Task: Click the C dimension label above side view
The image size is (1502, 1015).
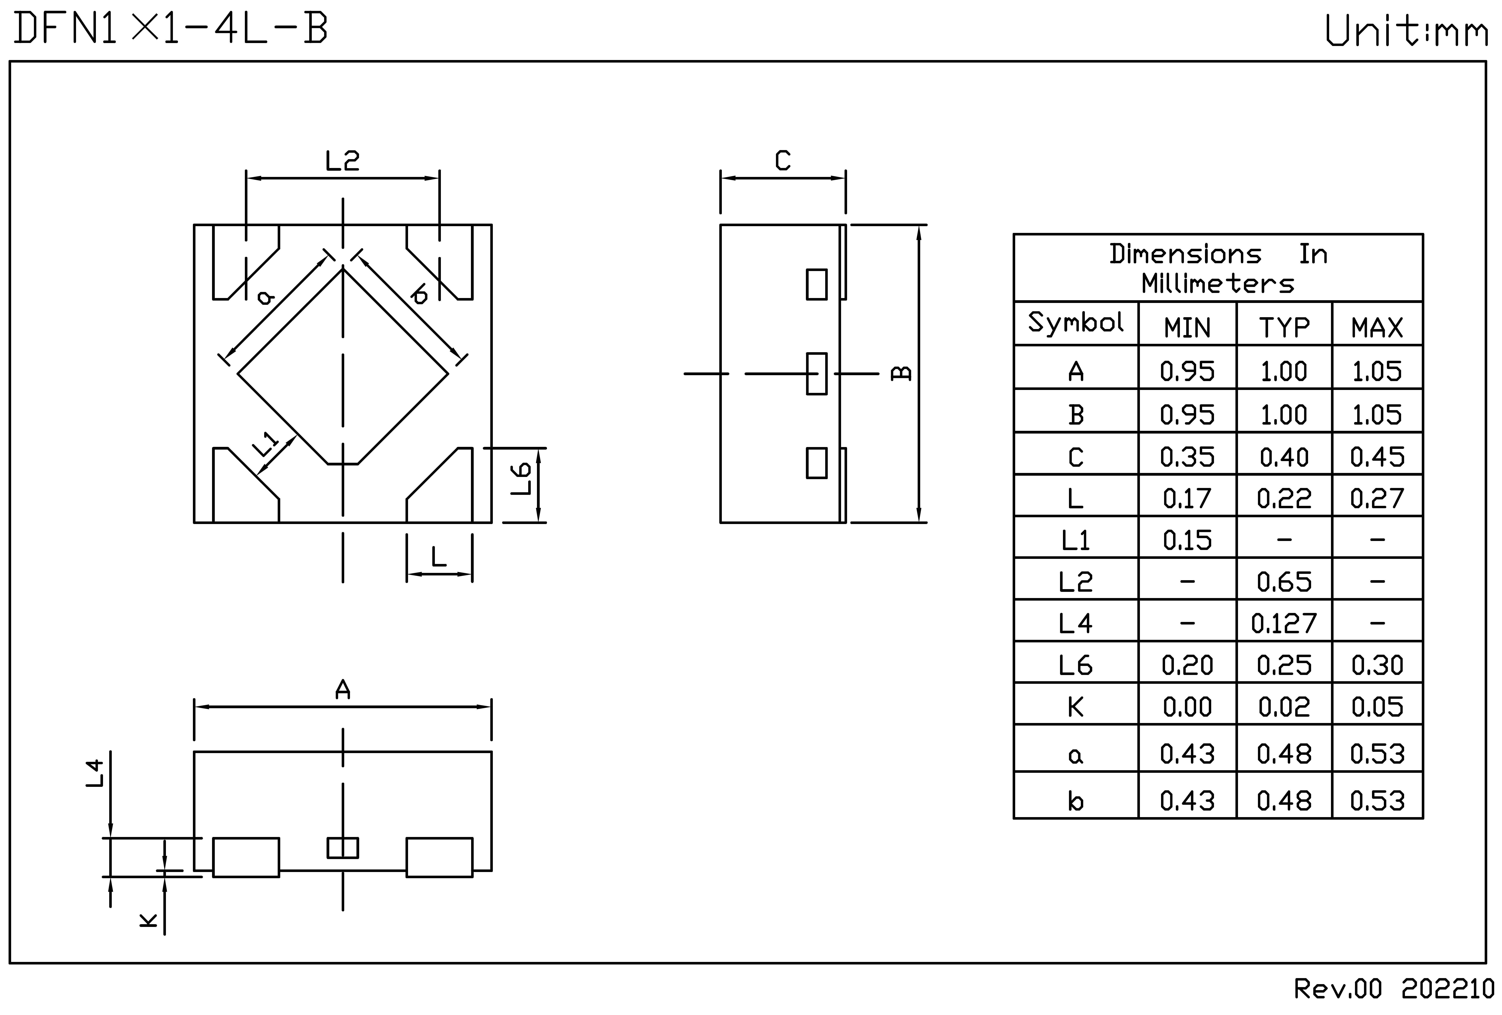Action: pyautogui.click(x=783, y=160)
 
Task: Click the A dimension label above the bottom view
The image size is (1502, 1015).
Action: pyautogui.click(x=343, y=690)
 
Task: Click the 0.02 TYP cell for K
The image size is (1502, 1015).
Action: pyautogui.click(x=1284, y=707)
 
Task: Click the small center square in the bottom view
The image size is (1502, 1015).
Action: pyautogui.click(x=343, y=848)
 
